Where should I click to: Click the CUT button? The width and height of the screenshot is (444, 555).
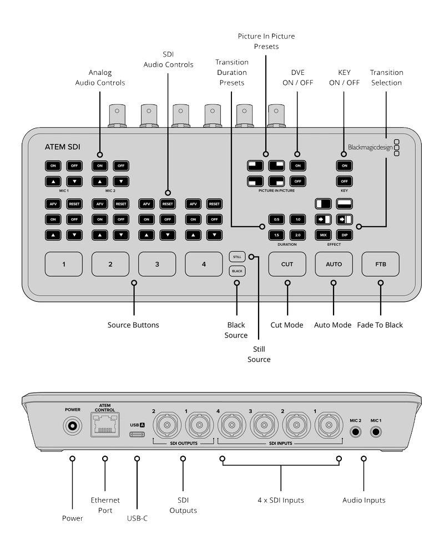point(287,264)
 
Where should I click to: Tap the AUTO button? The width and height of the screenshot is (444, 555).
point(334,264)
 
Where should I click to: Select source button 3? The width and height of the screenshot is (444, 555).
point(157,264)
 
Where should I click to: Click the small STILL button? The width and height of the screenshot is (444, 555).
point(237,257)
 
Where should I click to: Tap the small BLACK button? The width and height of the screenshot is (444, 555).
point(237,271)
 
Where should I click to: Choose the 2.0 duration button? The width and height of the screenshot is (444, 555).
point(298,235)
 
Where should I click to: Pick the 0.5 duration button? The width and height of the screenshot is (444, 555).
point(276,219)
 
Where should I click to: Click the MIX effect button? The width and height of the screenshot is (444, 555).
point(323,235)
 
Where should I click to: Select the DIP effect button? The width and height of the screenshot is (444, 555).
point(345,235)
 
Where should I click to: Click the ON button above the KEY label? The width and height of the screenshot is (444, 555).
point(345,165)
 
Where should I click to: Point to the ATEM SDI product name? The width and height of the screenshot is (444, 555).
point(62,147)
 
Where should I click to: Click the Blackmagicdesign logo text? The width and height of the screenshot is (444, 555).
point(370,147)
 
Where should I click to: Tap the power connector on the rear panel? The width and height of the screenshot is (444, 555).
point(72,426)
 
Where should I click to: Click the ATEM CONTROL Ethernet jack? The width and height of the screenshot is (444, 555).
point(105,425)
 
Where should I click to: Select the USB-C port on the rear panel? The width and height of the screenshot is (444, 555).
point(137,434)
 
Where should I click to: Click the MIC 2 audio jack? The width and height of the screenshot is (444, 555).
point(355,432)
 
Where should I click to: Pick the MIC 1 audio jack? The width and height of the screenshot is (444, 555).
point(376,432)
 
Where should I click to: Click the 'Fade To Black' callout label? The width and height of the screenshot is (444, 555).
point(380,325)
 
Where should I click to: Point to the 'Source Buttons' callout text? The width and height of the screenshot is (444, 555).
point(133,325)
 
